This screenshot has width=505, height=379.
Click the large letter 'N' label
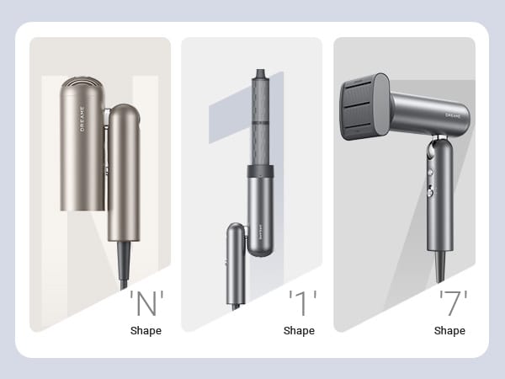pos(146,302)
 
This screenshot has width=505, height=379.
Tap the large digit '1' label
pos(302,302)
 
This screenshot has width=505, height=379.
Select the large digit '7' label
pos(453,302)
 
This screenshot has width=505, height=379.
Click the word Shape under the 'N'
pos(146,331)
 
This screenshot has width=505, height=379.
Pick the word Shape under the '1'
pos(299,331)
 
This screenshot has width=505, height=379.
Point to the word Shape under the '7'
pos(449,331)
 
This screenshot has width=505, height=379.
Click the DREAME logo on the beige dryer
pos(82,119)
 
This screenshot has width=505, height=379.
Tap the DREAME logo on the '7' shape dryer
pos(453,115)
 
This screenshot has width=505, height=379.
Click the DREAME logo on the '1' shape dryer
pos(260,232)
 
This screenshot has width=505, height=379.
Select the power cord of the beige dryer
pos(124,265)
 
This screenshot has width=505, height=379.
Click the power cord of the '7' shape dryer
pos(440,267)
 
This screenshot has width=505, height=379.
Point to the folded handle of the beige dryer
pos(124,173)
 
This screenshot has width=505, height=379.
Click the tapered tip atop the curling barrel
pos(261,73)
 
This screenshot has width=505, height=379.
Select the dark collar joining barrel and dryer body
pos(261,171)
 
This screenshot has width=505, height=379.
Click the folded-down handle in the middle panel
pos(236,264)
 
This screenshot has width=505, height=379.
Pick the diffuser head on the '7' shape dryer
pos(364,107)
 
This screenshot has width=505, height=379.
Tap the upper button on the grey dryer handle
pos(431,172)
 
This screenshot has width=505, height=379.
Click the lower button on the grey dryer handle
pos(431,192)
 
